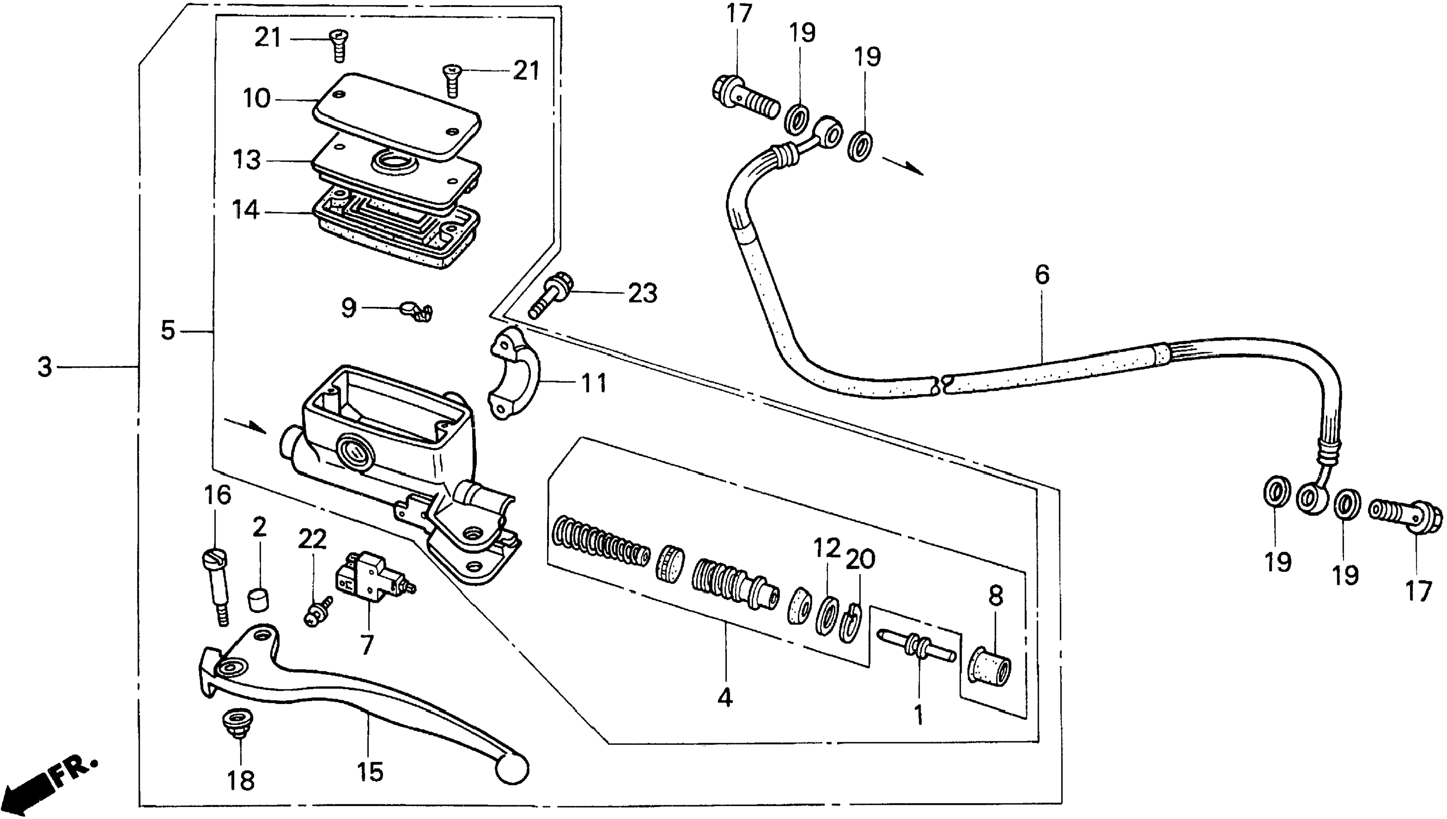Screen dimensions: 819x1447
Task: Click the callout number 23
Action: (x=643, y=293)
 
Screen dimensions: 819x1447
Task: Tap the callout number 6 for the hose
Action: (x=1042, y=275)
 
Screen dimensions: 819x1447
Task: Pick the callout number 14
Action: (x=246, y=210)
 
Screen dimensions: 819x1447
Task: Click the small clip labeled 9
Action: (x=417, y=311)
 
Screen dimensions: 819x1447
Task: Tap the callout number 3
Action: (x=45, y=367)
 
